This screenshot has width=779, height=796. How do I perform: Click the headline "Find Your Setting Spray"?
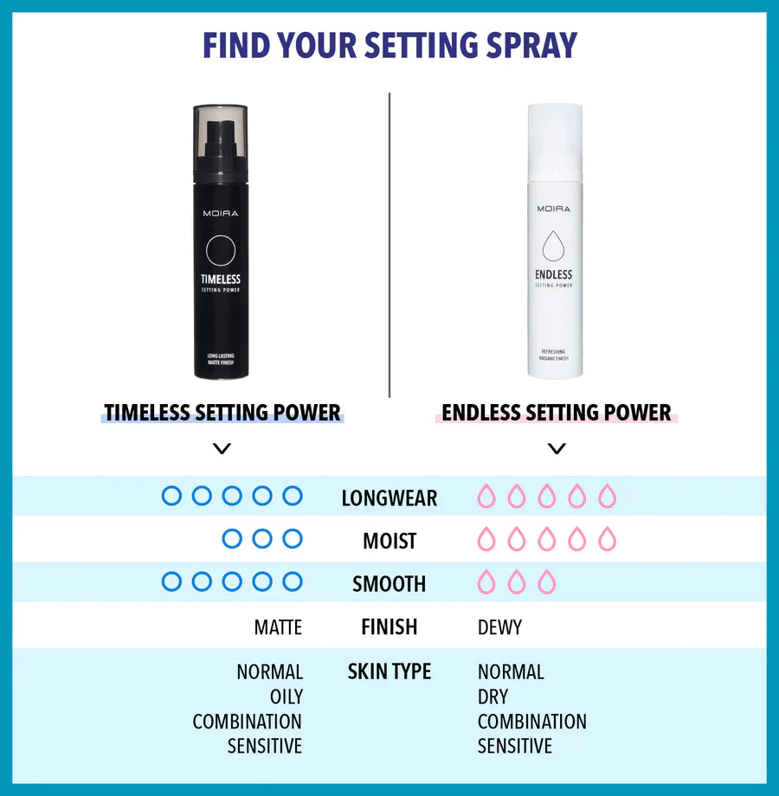(x=389, y=45)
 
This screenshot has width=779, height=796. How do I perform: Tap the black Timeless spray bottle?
(x=221, y=260)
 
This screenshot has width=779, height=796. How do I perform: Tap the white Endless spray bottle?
(x=555, y=260)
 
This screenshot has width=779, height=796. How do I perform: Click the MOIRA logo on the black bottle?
(x=221, y=213)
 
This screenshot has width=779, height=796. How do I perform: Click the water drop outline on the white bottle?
(x=554, y=247)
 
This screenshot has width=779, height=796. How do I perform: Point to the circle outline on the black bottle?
(x=221, y=250)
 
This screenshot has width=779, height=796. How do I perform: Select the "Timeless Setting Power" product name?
(x=222, y=413)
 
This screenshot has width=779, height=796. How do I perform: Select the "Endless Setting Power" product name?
(x=557, y=413)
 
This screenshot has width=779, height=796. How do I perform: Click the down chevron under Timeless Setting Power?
(x=222, y=448)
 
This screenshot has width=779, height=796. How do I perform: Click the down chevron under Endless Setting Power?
(x=557, y=448)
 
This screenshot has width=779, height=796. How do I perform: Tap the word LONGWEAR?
(x=389, y=498)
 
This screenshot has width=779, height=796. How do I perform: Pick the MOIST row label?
(x=389, y=542)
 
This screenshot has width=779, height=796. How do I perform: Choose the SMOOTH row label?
(x=389, y=584)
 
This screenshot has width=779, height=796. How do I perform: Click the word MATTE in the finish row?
(x=278, y=627)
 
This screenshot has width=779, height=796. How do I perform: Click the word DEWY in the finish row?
(x=499, y=627)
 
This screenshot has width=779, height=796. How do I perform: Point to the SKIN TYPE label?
(x=389, y=671)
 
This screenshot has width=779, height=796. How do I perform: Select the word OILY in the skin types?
(x=286, y=696)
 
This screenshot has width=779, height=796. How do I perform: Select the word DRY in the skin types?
(x=493, y=696)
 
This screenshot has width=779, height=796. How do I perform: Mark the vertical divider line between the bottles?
(x=389, y=242)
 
